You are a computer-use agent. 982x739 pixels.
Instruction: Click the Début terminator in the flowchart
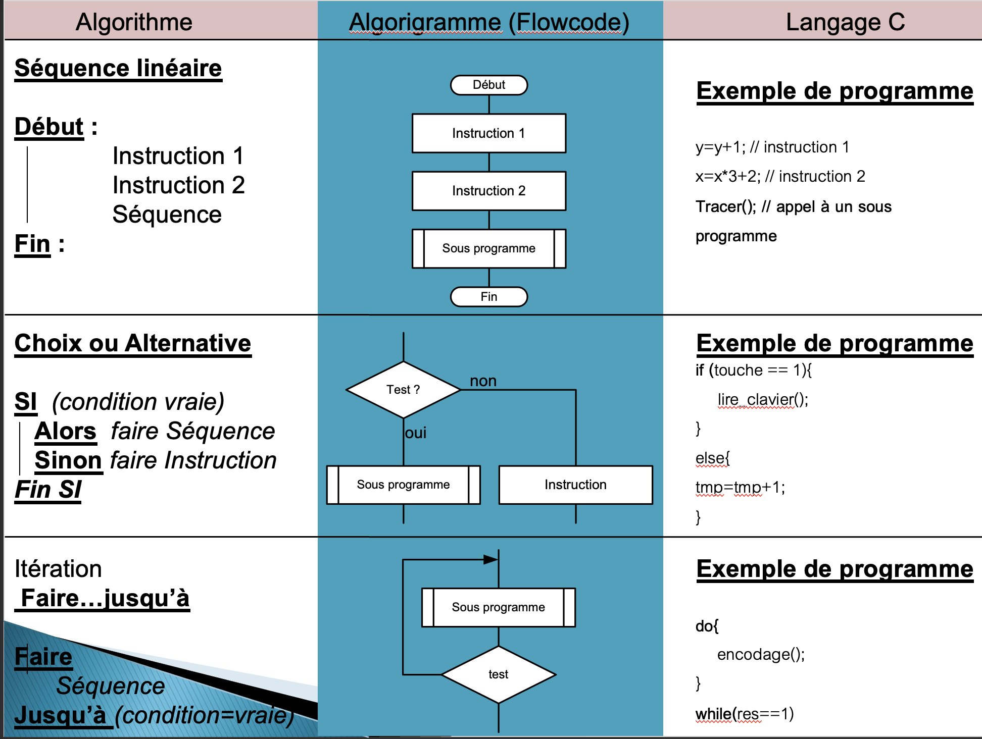pyautogui.click(x=488, y=85)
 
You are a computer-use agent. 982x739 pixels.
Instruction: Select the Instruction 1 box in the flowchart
pyautogui.click(x=488, y=133)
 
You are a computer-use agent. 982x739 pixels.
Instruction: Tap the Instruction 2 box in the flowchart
pyautogui.click(x=488, y=191)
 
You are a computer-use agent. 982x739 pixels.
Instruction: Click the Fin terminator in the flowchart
pyautogui.click(x=488, y=297)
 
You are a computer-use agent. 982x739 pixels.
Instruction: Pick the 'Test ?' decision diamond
pyautogui.click(x=403, y=390)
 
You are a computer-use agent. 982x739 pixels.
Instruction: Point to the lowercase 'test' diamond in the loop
pyautogui.click(x=498, y=674)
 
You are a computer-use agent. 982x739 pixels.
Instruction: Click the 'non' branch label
pyautogui.click(x=483, y=381)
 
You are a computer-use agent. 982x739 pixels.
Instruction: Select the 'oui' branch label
pyautogui.click(x=416, y=433)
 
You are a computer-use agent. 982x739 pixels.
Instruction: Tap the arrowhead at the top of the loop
pyautogui.click(x=490, y=559)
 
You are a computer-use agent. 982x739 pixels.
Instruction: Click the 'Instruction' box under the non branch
pyautogui.click(x=575, y=485)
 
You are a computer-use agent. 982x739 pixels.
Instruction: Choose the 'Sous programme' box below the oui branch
pyautogui.click(x=403, y=485)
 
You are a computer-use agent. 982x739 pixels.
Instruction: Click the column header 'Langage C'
pyautogui.click(x=845, y=22)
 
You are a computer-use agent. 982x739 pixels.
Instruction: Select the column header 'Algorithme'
pyautogui.click(x=134, y=22)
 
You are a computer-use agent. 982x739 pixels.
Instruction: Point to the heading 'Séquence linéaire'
pyautogui.click(x=118, y=68)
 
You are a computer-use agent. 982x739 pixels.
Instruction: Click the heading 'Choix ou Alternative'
pyautogui.click(x=133, y=343)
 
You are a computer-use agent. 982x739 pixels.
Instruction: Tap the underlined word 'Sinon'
pyautogui.click(x=68, y=460)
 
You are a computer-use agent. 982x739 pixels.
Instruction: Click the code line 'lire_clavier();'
pyautogui.click(x=763, y=400)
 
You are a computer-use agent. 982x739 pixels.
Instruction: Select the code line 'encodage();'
pyautogui.click(x=761, y=655)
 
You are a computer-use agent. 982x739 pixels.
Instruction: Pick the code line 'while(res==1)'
pyautogui.click(x=745, y=714)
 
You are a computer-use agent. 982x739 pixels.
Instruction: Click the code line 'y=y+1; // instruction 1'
pyautogui.click(x=772, y=147)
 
